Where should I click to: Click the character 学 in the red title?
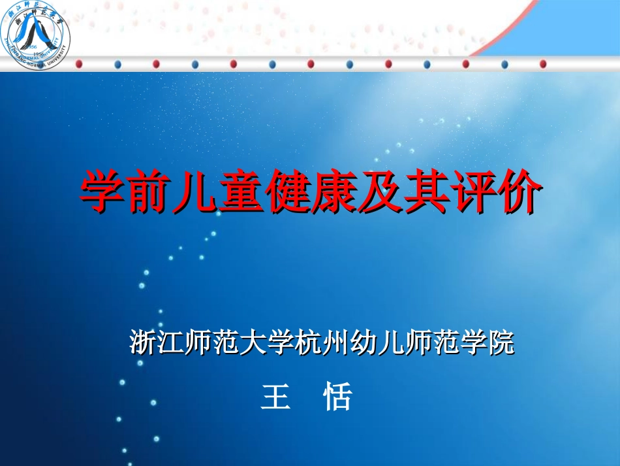103,191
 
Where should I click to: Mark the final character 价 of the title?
520,191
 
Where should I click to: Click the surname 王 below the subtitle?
275,396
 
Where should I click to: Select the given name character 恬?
337,396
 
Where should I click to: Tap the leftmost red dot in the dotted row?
78,63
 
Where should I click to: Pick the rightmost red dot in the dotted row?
543,63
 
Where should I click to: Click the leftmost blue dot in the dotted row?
117,63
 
